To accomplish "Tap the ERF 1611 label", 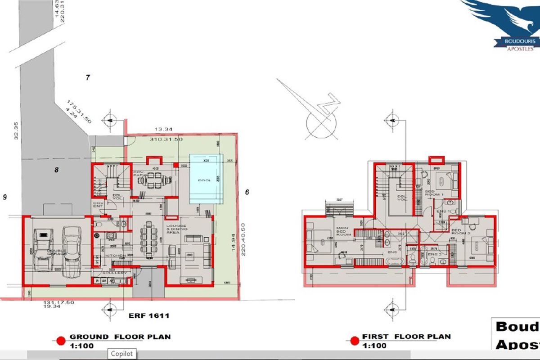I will tap(148, 316).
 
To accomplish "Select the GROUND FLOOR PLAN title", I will tap(120, 337).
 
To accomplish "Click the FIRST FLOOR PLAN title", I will tap(406, 337).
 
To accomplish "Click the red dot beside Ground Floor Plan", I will tap(59, 340).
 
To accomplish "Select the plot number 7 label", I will tap(88, 78).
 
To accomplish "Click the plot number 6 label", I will tap(247, 192).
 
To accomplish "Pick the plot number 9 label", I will tap(4, 197).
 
